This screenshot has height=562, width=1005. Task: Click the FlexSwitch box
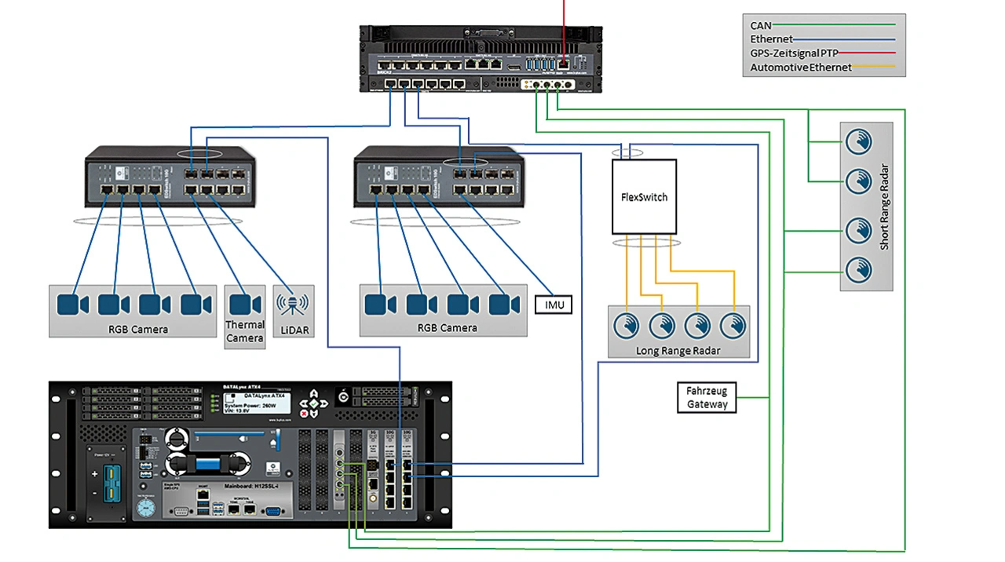click(644, 197)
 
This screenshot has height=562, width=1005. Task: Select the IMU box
click(554, 305)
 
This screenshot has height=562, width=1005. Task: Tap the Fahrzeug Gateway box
click(707, 397)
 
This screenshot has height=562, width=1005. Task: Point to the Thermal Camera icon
click(245, 304)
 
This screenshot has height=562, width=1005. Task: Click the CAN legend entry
click(761, 26)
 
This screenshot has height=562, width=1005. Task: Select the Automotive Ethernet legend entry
click(801, 68)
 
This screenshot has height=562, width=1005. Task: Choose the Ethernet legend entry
click(771, 39)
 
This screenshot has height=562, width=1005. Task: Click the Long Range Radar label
click(678, 350)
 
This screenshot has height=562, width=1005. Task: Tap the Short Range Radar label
click(884, 208)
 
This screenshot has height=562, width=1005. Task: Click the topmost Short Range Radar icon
click(858, 141)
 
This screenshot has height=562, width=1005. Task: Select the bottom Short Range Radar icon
click(858, 272)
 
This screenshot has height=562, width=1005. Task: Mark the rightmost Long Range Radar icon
click(733, 325)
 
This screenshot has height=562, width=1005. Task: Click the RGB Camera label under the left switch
click(138, 329)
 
